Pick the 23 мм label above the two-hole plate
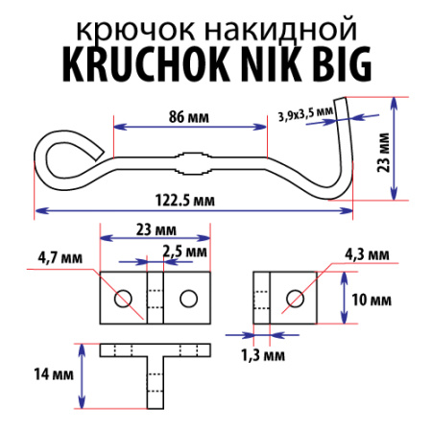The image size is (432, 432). pyautogui.click(x=155, y=230)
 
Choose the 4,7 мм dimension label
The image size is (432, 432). pyautogui.click(x=58, y=256)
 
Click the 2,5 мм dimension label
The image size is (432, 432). pyautogui.click(x=184, y=251)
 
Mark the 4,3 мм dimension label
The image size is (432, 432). pyautogui.click(x=367, y=254)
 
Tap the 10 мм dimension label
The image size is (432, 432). pyautogui.click(x=370, y=300)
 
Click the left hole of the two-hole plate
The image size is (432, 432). pyautogui.click(x=122, y=300)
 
